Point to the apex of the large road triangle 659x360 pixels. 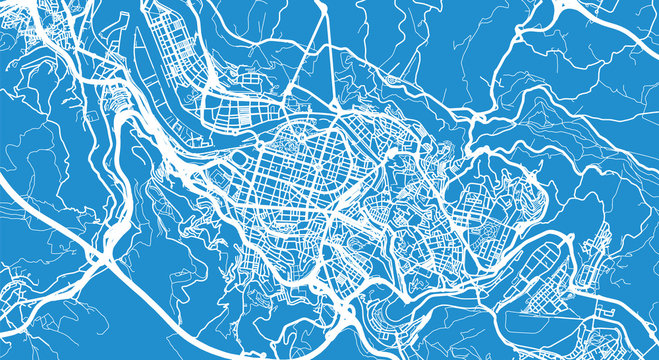[329, 9]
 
